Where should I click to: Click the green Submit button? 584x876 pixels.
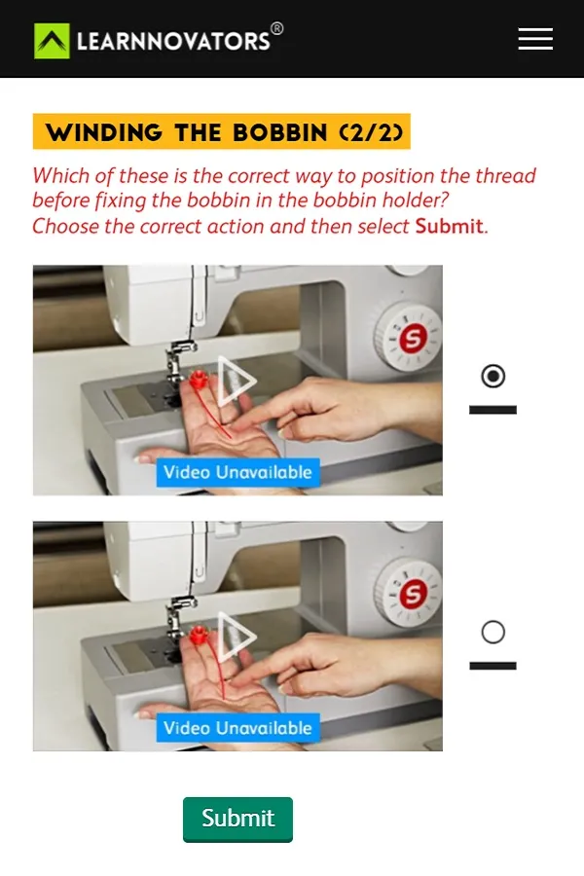coord(237,819)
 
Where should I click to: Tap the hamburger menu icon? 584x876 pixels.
coord(535,39)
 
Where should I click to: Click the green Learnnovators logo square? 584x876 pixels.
coord(52,41)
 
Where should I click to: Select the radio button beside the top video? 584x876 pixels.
coord(493,376)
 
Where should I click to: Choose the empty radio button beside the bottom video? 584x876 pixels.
coord(493,632)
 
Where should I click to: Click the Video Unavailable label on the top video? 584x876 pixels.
coord(238,472)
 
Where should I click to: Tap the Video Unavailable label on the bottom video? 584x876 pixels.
coord(238,727)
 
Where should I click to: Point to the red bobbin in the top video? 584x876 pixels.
coord(199,380)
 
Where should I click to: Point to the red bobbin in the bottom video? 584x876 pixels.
coord(199,636)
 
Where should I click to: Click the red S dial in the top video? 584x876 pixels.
coord(413,337)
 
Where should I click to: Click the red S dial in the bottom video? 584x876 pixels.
coord(413,593)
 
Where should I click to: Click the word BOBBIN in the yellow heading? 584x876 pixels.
coord(279,132)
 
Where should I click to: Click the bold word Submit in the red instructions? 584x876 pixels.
coord(450,226)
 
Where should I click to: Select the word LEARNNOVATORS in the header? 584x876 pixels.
coord(173,41)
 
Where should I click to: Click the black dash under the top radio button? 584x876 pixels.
coord(493,410)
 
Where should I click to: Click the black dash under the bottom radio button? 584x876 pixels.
coord(493,666)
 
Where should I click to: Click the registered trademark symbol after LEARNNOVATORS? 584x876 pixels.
coord(276,28)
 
